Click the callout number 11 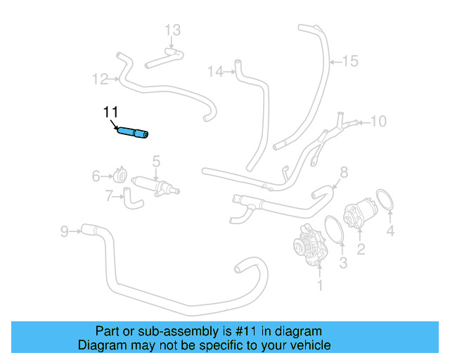110,112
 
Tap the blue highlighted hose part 134,131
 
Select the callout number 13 173,30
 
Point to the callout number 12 100,78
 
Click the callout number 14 215,71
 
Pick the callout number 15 350,61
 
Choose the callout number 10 378,122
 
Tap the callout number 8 344,172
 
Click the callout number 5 156,162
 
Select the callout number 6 96,176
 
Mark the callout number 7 109,197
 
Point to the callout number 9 64,230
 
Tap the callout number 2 360,248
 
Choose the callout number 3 343,263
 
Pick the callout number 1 320,285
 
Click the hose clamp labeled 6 120,175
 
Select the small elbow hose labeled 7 133,198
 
